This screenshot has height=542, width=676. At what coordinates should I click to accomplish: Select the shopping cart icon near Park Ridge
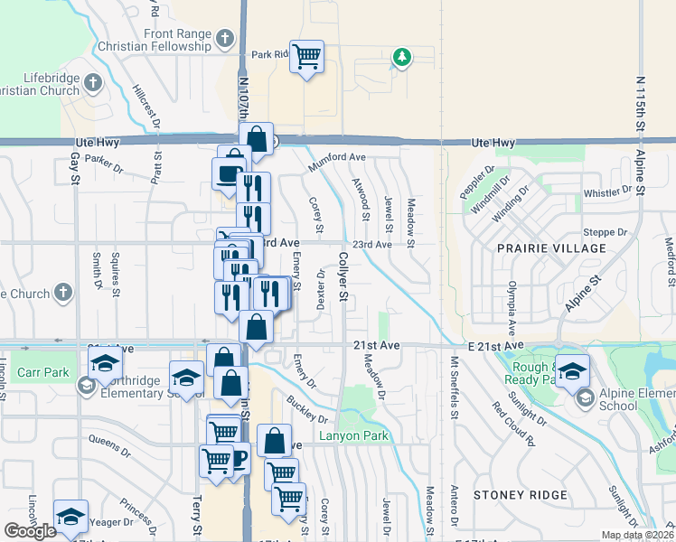pyautogui.click(x=307, y=57)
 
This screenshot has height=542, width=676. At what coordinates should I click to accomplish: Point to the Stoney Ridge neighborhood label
pyautogui.click(x=521, y=495)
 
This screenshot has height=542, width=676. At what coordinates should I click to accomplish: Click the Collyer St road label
pyautogui.click(x=343, y=276)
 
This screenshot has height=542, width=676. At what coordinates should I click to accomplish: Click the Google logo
pyautogui.click(x=30, y=530)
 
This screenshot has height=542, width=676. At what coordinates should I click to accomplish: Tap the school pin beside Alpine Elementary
pyautogui.click(x=573, y=371)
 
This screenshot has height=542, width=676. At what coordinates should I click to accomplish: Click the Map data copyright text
pyautogui.click(x=637, y=535)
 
